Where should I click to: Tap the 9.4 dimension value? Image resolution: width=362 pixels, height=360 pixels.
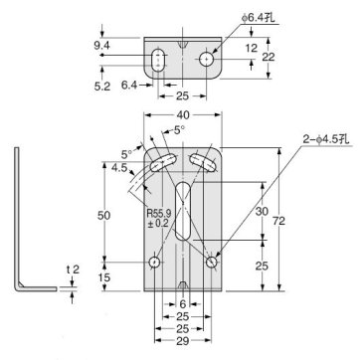pyautogui.click(x=103, y=45)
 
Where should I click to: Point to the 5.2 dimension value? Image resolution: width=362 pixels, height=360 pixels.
pyautogui.click(x=103, y=86)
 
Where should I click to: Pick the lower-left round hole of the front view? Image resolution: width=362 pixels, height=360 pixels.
pyautogui.click(x=154, y=262)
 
